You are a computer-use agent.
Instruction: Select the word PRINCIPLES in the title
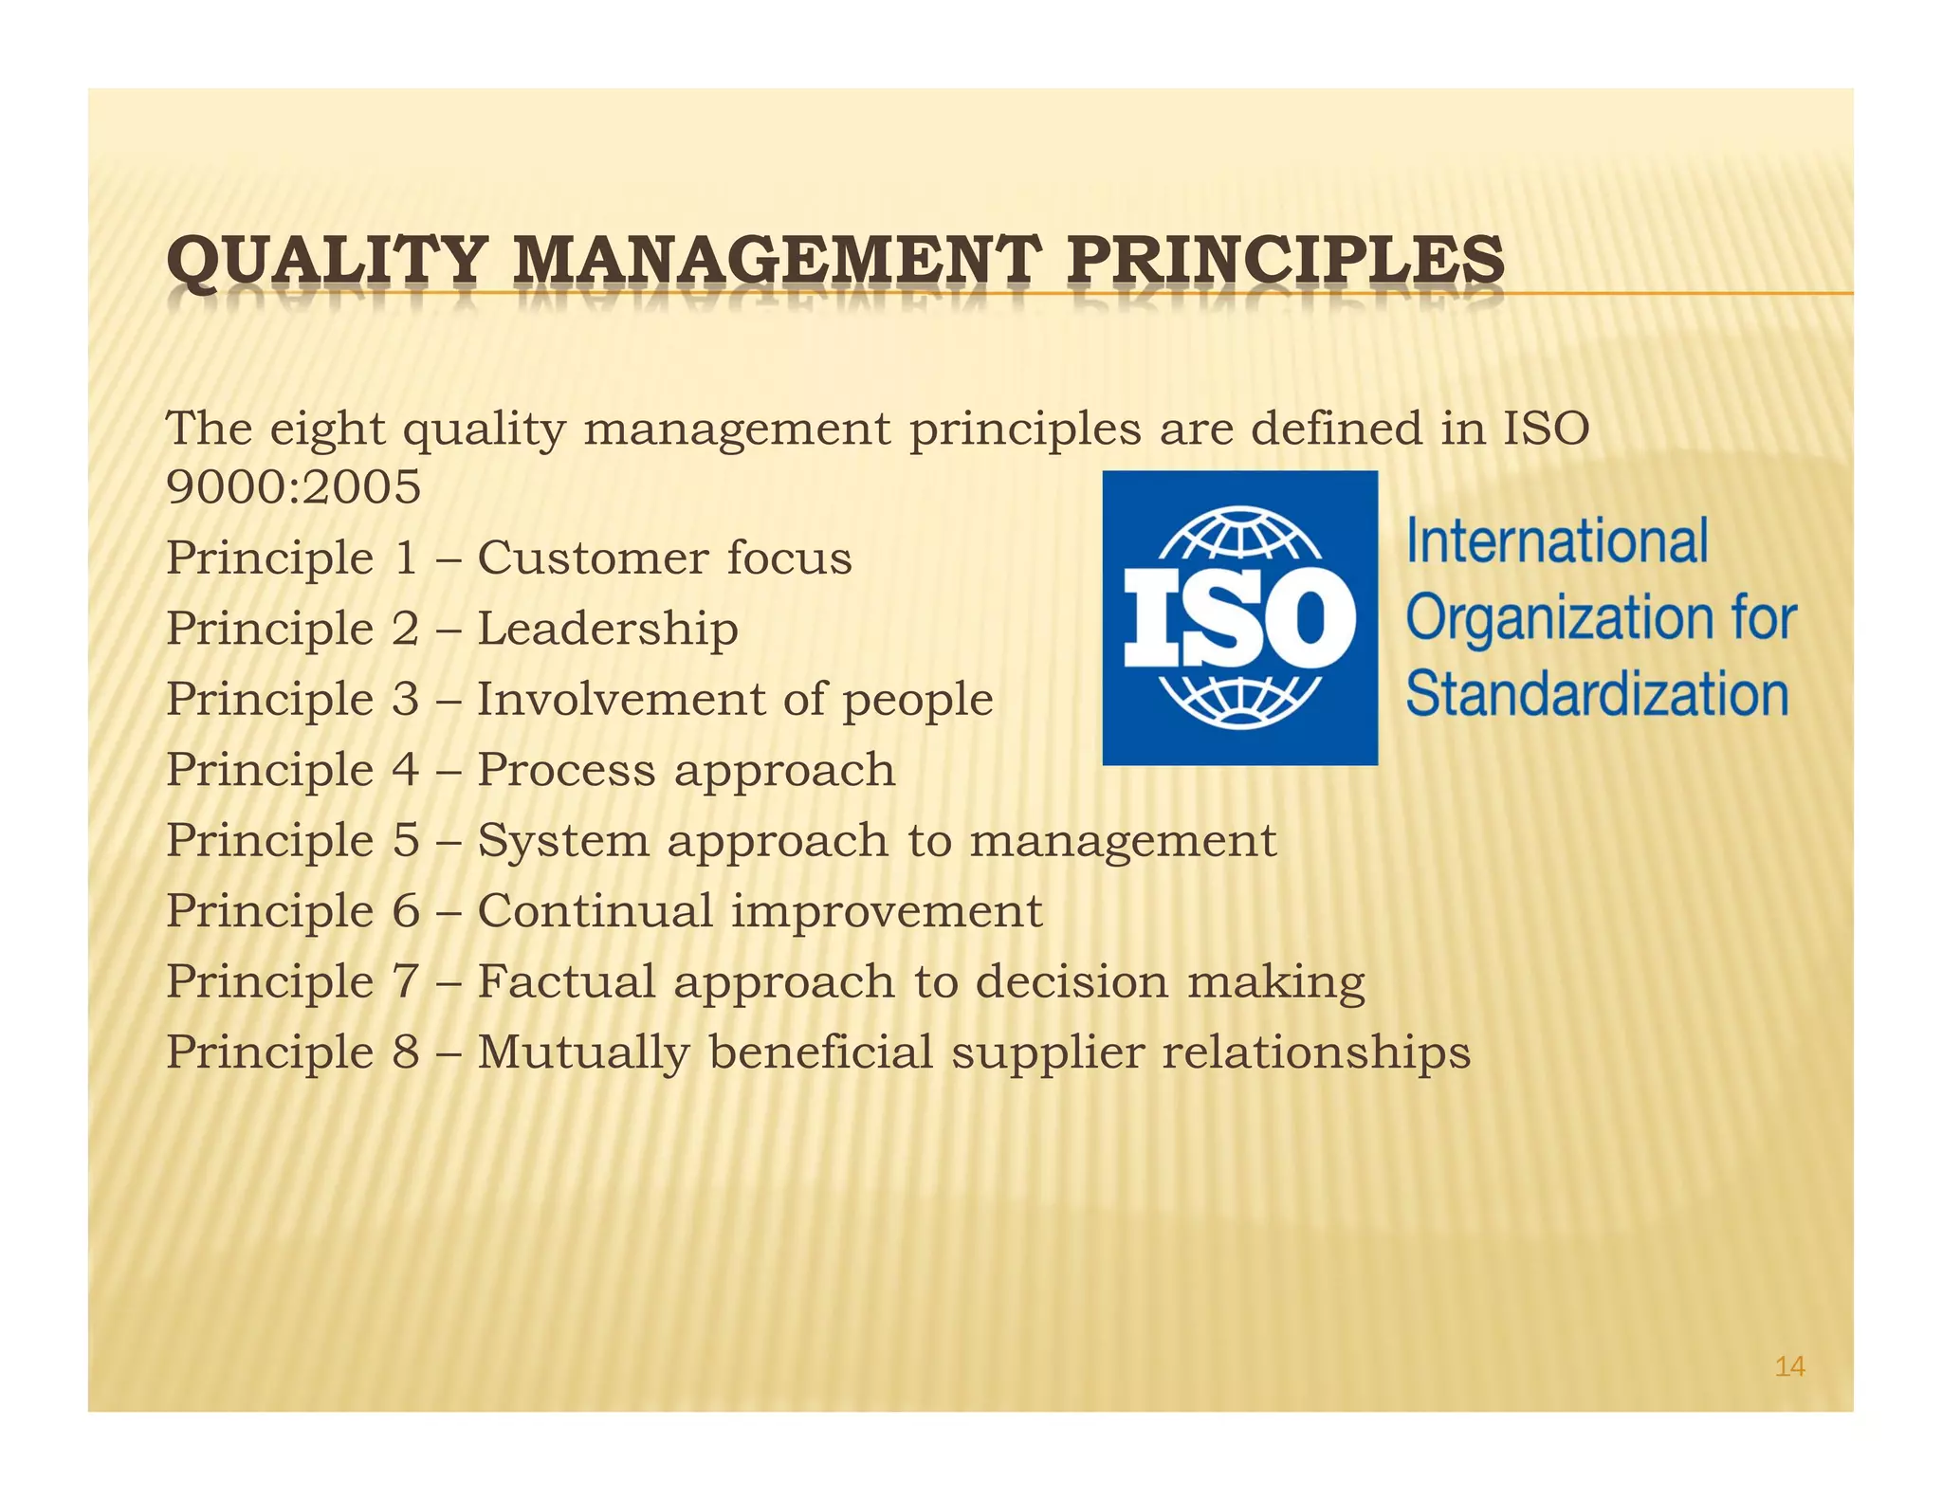[x=1285, y=261]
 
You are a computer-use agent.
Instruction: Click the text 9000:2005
[x=293, y=487]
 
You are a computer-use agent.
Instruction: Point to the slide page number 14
[x=1789, y=1366]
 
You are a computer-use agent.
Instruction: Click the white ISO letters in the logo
[x=1239, y=619]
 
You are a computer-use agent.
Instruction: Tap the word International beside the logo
[x=1557, y=541]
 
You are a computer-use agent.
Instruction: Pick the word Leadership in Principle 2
[x=608, y=629]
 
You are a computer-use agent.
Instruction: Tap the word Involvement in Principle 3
[x=620, y=700]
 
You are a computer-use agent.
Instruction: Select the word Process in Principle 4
[x=566, y=770]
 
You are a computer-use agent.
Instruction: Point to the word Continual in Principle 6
[x=595, y=911]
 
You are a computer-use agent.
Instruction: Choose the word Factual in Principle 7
[x=566, y=981]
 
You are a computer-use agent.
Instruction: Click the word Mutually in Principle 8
[x=583, y=1053]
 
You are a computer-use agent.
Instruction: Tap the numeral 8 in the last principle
[x=406, y=1052]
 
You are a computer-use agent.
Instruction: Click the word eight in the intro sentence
[x=327, y=430]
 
